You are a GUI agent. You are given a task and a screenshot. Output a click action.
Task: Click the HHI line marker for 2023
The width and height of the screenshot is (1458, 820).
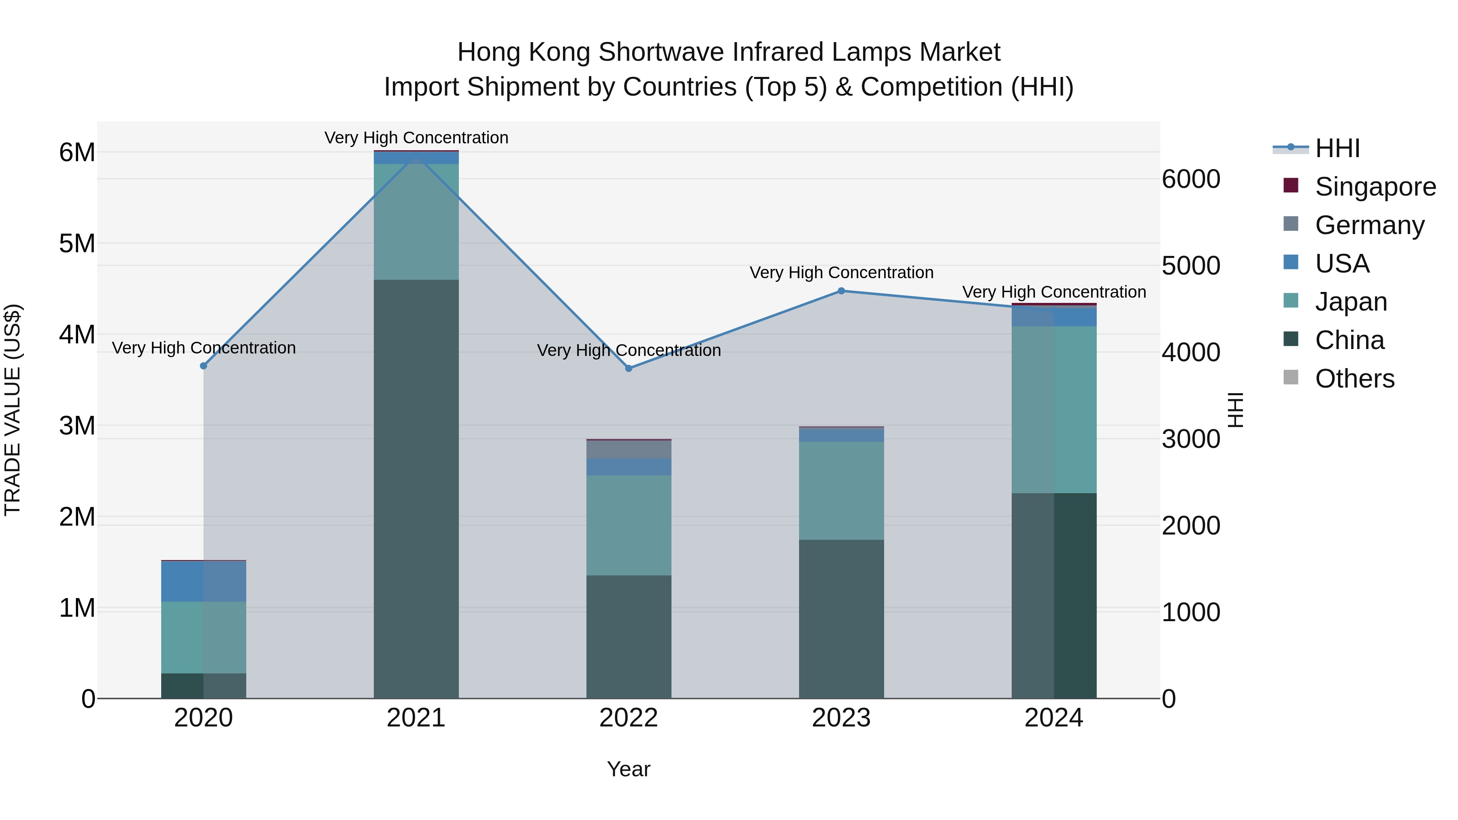(x=841, y=291)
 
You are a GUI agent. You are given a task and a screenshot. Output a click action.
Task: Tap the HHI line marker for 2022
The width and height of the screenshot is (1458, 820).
(x=629, y=368)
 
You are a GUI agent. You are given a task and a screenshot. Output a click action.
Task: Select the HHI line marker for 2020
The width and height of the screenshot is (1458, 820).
(x=204, y=366)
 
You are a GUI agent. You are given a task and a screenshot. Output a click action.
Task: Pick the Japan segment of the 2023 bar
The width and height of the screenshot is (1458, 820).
(x=841, y=491)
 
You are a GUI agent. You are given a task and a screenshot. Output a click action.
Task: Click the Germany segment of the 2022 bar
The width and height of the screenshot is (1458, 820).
(x=629, y=449)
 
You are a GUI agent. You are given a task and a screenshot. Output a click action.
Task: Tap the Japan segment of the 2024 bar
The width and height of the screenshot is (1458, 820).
(x=1054, y=410)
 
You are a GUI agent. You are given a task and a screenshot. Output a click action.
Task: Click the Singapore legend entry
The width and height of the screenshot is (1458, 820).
(x=1375, y=187)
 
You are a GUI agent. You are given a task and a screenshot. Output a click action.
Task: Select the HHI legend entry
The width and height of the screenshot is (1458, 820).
(x=1337, y=148)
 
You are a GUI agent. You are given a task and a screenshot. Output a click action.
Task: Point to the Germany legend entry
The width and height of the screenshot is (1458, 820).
(x=1369, y=225)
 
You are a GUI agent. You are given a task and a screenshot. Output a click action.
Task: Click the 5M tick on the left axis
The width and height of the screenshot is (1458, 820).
(x=77, y=244)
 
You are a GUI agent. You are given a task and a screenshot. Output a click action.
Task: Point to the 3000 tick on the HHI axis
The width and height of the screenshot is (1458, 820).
(x=1191, y=439)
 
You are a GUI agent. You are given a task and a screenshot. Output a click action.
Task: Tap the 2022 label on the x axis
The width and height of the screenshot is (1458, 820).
(x=629, y=718)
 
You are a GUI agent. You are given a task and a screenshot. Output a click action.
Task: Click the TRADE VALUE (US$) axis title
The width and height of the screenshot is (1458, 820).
(x=13, y=410)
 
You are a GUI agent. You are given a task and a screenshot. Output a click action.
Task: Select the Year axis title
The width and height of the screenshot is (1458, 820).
(x=629, y=769)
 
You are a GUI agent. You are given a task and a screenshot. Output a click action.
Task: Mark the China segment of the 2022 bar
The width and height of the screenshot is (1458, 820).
(x=629, y=637)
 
